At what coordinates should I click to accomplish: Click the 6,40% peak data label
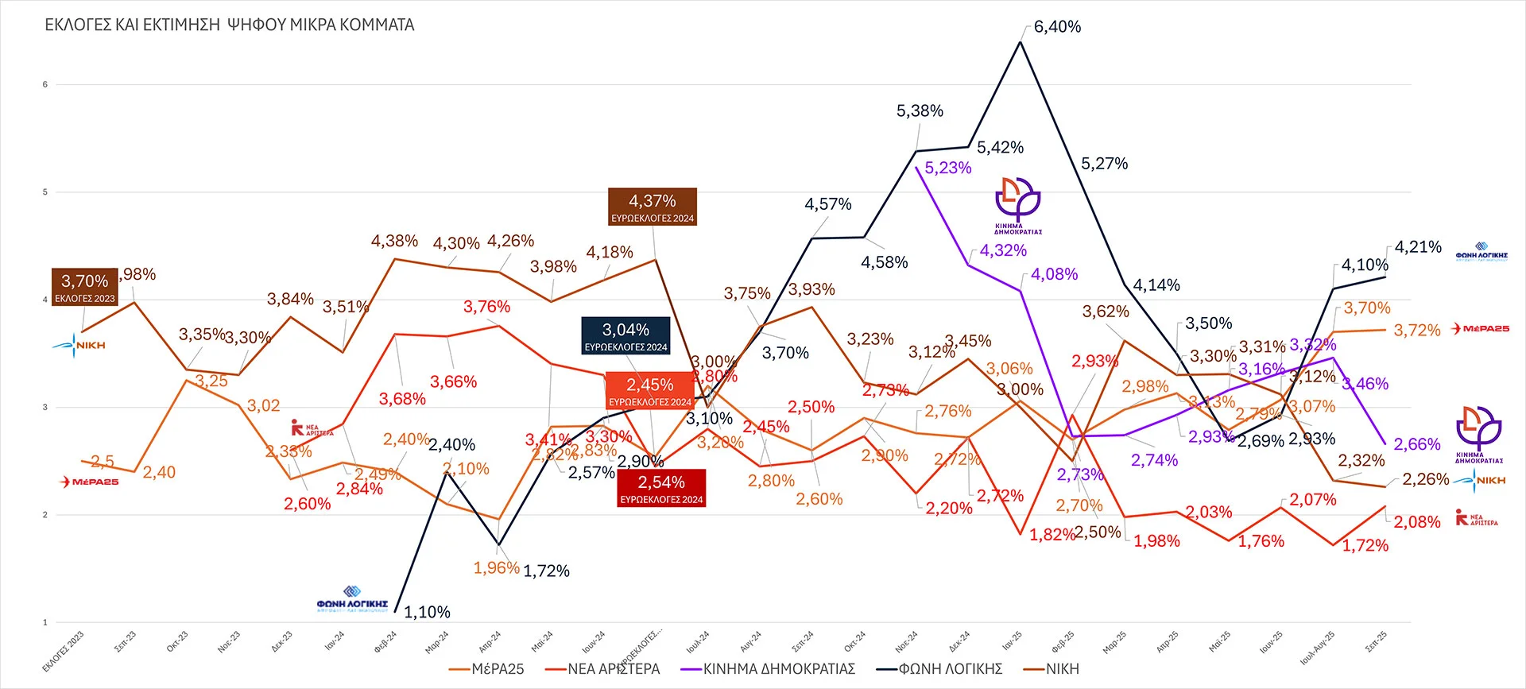1057,27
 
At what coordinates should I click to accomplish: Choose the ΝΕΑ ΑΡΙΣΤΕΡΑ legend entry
613,669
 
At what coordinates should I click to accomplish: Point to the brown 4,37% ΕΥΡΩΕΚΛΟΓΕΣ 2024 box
653,207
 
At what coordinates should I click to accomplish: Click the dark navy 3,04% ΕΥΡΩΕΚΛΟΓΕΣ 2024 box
626,335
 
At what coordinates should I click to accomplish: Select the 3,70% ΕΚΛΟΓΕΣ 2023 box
85,287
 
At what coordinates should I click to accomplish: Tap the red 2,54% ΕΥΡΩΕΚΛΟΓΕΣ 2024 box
661,488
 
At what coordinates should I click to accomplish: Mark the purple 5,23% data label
947,168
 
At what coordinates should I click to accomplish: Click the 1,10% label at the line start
427,612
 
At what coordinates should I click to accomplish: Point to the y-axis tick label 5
45,192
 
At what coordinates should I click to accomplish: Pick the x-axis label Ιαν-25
1012,641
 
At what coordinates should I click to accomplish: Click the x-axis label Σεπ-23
126,641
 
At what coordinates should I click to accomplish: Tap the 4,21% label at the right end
1418,247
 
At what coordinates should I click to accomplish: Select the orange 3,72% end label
1416,330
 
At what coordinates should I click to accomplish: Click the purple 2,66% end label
1416,444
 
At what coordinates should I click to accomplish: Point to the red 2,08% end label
1416,522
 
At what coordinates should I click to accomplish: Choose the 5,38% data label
920,111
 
